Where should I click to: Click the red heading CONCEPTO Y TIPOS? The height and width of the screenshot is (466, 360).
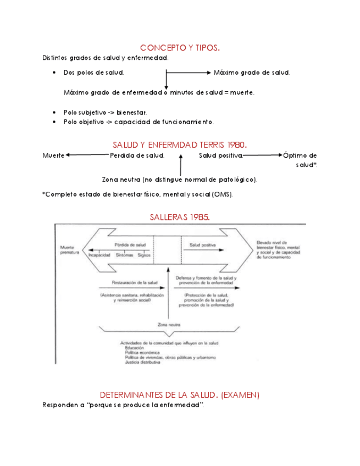pyautogui.click(x=180, y=48)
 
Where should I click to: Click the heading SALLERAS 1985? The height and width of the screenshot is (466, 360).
pyautogui.click(x=180, y=217)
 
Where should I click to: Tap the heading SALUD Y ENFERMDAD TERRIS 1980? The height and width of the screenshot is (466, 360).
pyautogui.click(x=180, y=145)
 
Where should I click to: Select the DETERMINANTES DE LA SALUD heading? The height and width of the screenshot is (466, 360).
pyautogui.click(x=180, y=395)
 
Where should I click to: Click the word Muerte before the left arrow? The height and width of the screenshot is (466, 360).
pyautogui.click(x=53, y=156)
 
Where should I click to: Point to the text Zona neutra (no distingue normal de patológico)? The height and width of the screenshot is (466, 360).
pyautogui.click(x=180, y=180)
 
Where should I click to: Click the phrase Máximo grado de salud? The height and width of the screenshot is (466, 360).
pyautogui.click(x=252, y=73)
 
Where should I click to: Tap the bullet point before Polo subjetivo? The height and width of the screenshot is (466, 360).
pyautogui.click(x=54, y=112)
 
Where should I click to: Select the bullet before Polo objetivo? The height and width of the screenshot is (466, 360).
pyautogui.click(x=54, y=121)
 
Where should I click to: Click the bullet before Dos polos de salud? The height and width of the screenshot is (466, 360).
pyautogui.click(x=54, y=73)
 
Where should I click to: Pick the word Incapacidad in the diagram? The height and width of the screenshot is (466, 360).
pyautogui.click(x=101, y=256)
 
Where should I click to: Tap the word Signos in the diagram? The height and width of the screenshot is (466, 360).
pyautogui.click(x=145, y=256)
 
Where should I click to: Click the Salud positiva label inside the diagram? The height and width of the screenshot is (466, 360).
pyautogui.click(x=202, y=245)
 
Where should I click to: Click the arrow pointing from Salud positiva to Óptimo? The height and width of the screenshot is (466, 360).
pyautogui.click(x=262, y=156)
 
